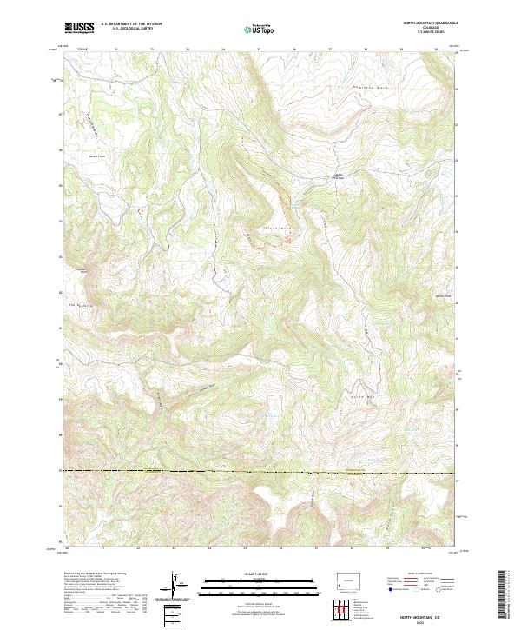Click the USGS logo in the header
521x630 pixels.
pos(79,29)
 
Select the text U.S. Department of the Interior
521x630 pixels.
pos(130,24)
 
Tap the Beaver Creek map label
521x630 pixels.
pos(96,156)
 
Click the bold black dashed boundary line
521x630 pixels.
pos(260,473)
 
